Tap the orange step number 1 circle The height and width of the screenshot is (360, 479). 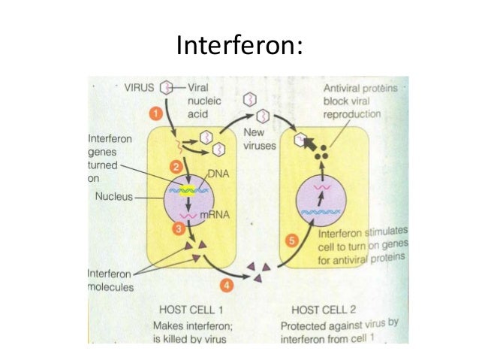pos(153,113)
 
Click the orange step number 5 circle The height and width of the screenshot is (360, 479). pos(294,241)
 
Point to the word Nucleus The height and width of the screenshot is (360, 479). pos(113,198)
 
